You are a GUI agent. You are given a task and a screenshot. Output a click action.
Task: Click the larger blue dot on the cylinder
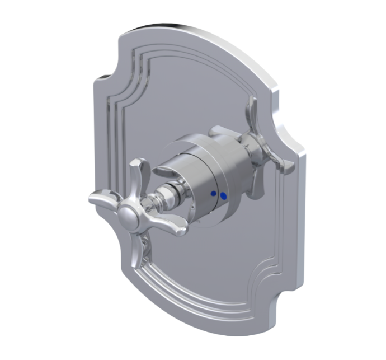tap(224, 197)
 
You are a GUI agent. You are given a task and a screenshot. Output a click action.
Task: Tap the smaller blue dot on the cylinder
tap(213, 193)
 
